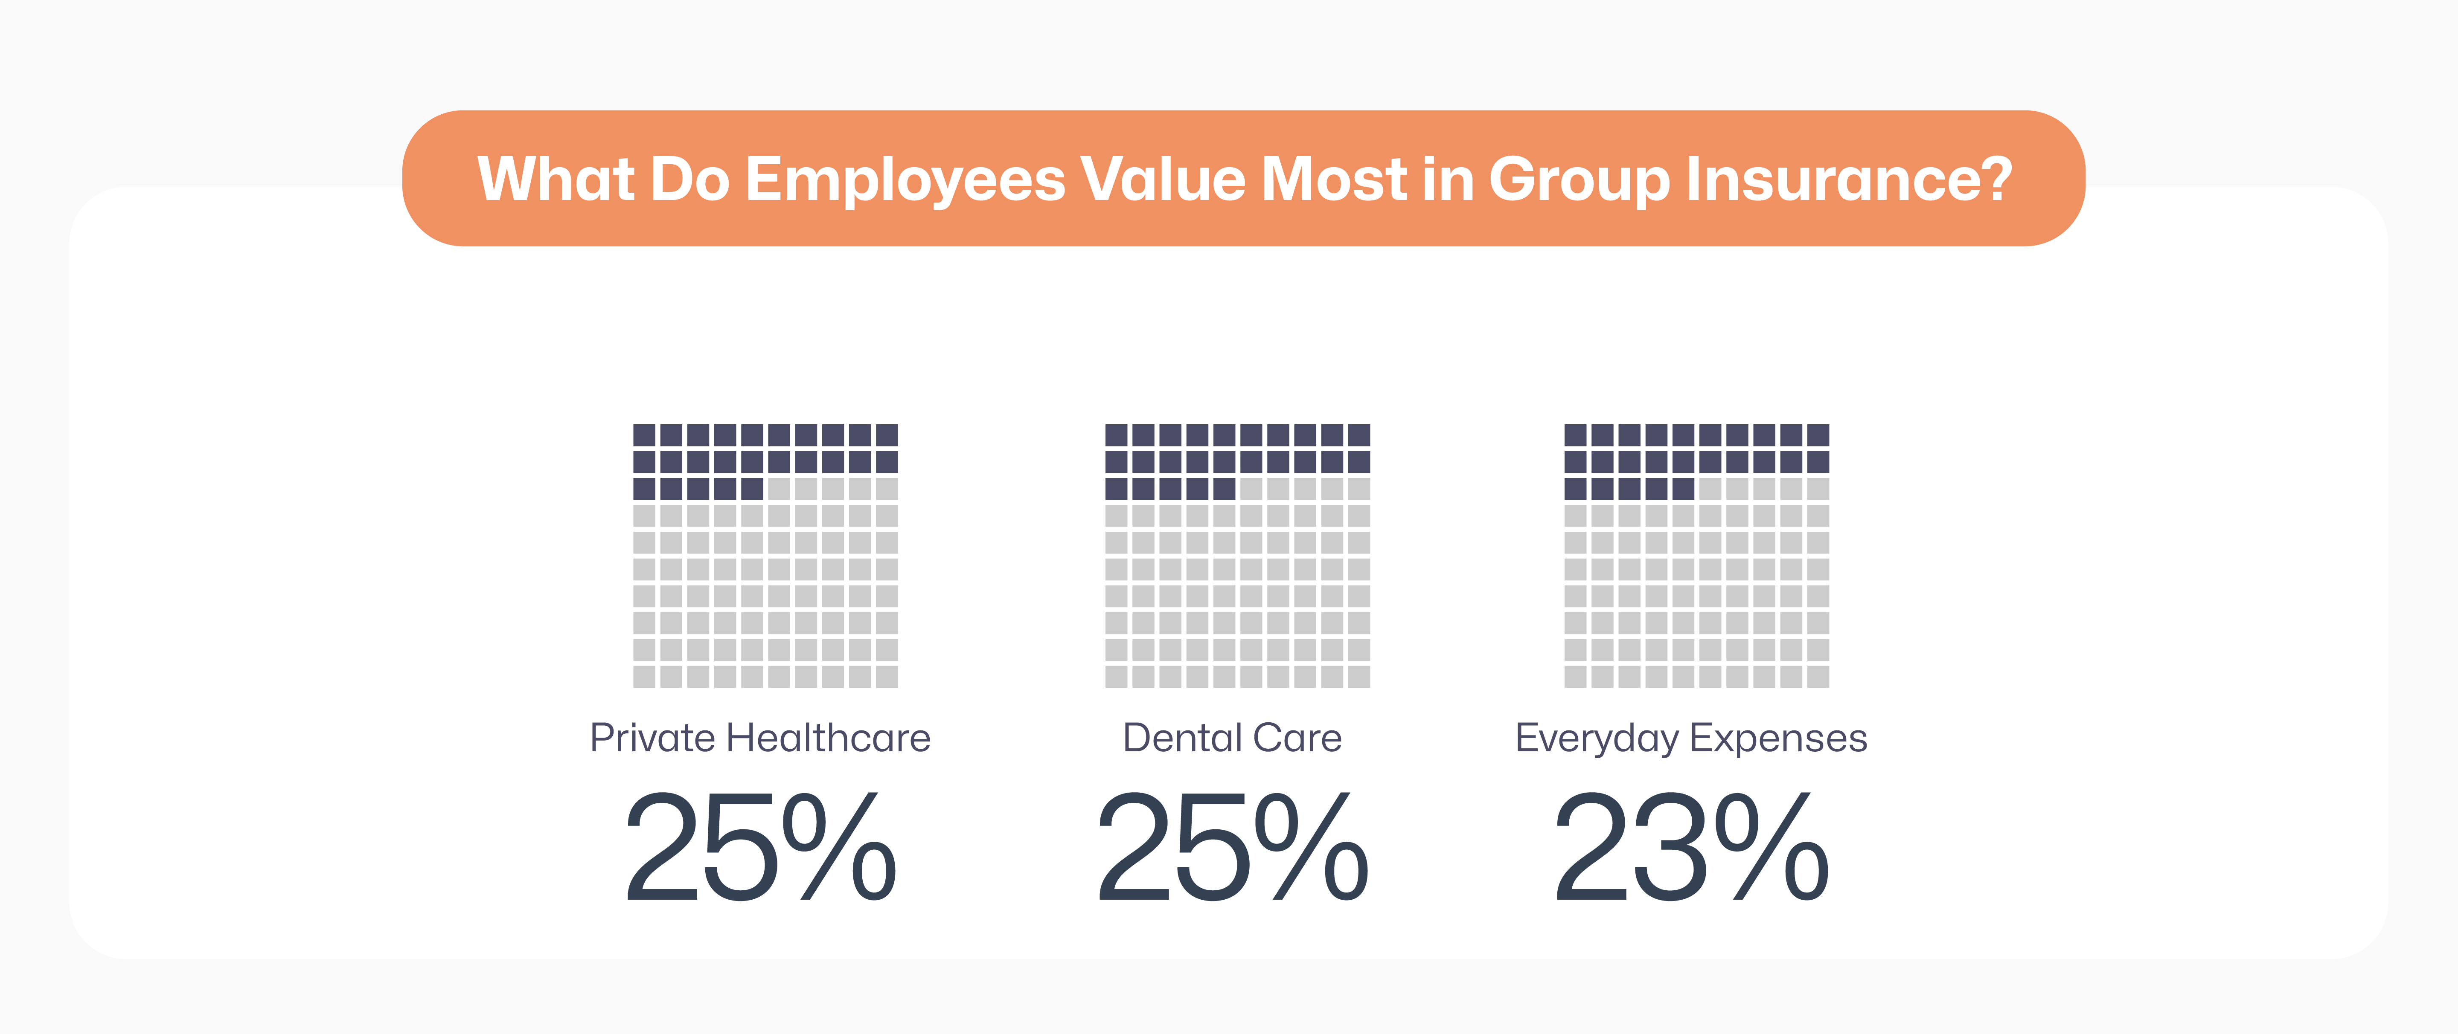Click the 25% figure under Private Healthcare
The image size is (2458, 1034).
coord(760,847)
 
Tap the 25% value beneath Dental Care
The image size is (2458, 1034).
coord(1233,847)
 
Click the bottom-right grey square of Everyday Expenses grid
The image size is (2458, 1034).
coord(1818,676)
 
